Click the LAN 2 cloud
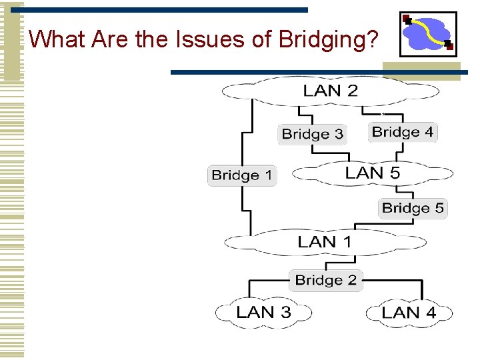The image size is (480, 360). tap(331, 91)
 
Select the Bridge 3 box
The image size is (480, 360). tap(312, 134)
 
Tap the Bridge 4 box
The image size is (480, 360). tap(402, 132)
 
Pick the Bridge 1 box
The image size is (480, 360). tap(241, 175)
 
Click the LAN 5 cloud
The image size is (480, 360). tap(373, 173)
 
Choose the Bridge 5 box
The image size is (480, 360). tap(412, 208)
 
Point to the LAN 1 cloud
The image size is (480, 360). tap(324, 241)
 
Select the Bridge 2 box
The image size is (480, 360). tap(326, 279)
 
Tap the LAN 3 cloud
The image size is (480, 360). tap(263, 312)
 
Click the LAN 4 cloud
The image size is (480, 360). tap(409, 312)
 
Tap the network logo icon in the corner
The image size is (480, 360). tap(428, 34)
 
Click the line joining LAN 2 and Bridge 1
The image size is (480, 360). tap(251, 133)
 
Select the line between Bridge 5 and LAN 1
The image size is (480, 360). tap(413, 225)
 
